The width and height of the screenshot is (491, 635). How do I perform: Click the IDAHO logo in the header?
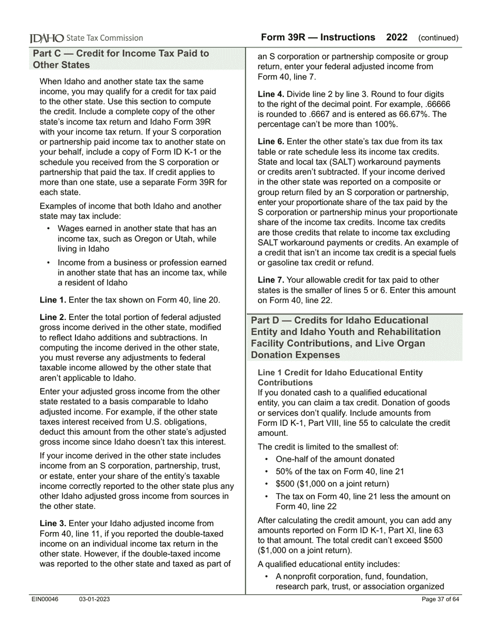47,38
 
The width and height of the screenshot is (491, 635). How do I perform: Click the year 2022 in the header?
396,37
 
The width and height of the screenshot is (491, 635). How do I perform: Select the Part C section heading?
121,59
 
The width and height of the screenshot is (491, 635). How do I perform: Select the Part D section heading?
346,338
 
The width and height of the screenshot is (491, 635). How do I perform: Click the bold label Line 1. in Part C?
53,299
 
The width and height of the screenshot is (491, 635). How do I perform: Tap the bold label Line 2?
53,317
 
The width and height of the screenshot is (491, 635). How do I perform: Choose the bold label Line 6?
271,141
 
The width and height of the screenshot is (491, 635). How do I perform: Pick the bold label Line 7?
271,280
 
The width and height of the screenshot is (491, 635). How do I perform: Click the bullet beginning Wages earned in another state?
137,239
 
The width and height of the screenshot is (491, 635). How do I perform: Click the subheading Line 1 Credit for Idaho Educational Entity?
340,377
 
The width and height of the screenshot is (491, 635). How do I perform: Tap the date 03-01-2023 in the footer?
94,599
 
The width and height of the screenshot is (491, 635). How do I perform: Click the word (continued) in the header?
438,38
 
